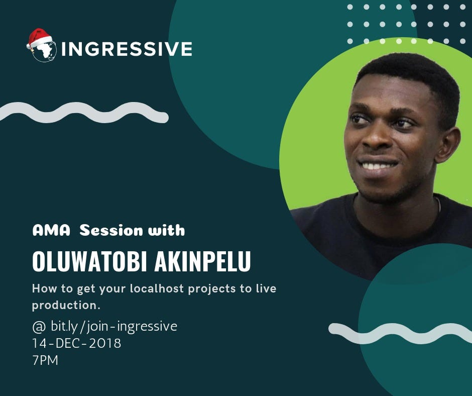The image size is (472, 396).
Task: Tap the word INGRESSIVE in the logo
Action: point(127,49)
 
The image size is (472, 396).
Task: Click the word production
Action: point(65,305)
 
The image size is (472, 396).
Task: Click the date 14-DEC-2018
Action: point(76,343)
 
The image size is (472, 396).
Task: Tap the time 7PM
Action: point(45,360)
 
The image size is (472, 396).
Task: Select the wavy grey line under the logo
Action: point(83,112)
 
